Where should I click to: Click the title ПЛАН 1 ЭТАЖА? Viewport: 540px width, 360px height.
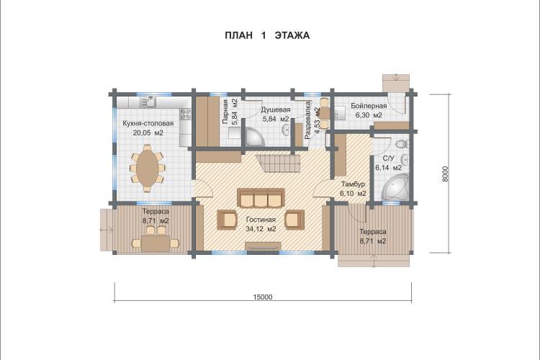(267, 35)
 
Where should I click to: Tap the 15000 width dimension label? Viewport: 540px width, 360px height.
(263, 297)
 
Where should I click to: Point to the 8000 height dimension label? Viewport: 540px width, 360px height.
(445, 174)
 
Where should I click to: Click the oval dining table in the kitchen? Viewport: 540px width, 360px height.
(148, 168)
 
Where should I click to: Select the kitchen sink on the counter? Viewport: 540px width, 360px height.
(149, 102)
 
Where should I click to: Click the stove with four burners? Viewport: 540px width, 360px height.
(186, 114)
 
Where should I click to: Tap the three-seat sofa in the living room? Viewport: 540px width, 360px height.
(261, 198)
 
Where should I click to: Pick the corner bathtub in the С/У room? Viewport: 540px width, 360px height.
(395, 187)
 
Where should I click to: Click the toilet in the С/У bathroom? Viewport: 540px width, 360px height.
(402, 144)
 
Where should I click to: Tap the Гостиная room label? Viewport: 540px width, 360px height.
(261, 220)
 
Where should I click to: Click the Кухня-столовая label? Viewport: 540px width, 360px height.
(148, 123)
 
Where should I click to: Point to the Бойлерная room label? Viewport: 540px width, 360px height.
(369, 106)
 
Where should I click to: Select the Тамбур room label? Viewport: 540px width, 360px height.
(353, 184)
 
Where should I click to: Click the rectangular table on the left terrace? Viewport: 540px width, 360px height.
(156, 243)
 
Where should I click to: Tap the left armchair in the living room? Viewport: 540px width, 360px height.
(228, 220)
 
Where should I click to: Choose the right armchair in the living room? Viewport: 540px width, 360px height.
(294, 220)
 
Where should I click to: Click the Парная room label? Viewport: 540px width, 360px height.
(225, 112)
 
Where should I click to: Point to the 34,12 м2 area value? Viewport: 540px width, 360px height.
(261, 229)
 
